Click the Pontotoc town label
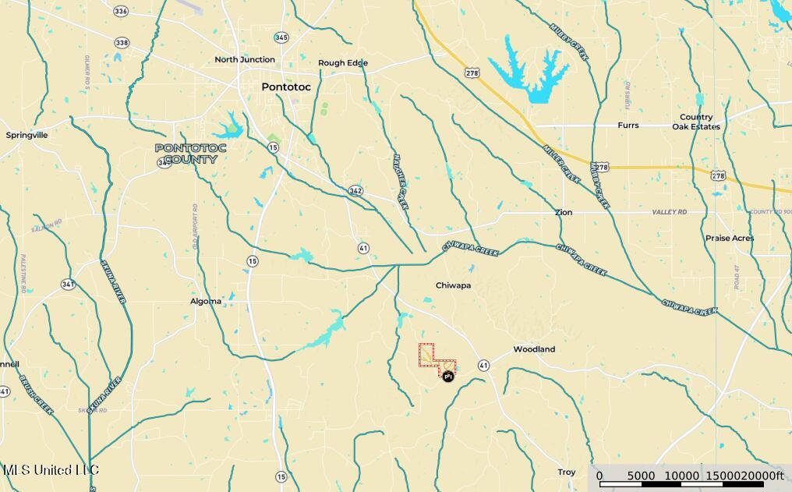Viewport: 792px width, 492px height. click(285, 87)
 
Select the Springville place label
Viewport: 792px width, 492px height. click(27, 135)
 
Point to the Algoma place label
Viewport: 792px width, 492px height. click(206, 301)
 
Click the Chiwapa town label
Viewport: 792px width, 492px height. click(453, 285)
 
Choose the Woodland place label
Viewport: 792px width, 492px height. click(534, 349)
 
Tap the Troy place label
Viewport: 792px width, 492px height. click(567, 473)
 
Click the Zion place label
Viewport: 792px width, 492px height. click(564, 212)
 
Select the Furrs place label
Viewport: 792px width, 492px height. click(628, 126)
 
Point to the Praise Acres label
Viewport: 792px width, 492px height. click(730, 238)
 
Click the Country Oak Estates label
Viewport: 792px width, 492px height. click(696, 122)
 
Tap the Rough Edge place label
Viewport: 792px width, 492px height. click(343, 63)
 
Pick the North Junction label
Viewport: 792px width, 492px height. click(245, 59)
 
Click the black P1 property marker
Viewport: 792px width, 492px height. click(448, 377)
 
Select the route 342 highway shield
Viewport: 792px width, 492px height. click(355, 190)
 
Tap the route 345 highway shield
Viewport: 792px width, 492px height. click(281, 37)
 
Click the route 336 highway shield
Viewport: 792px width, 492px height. click(120, 11)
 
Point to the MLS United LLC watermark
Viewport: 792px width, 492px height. click(51, 470)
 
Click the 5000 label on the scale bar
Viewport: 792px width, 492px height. click(641, 476)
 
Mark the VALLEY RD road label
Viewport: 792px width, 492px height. click(670, 212)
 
